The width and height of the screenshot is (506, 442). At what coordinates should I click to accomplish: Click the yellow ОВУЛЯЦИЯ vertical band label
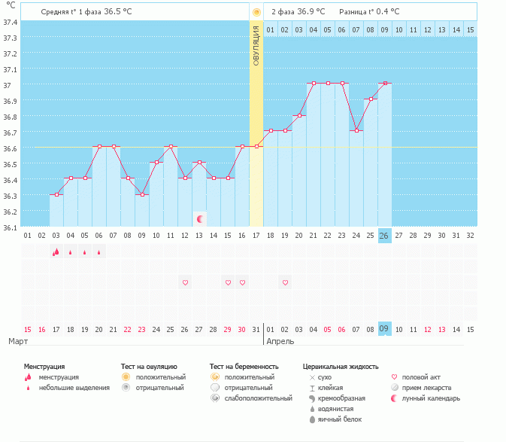click(256, 45)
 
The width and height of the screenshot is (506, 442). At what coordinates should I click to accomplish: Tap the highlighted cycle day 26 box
click(384, 236)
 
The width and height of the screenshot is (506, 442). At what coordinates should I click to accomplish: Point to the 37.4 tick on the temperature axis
click(11, 22)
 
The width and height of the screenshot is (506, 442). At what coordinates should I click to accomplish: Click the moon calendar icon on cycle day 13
click(200, 219)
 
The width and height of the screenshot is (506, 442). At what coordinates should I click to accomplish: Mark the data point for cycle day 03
click(56, 194)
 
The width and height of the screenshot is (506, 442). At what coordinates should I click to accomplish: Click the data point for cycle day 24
click(356, 130)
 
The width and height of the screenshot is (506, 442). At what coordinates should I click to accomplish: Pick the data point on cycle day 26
click(384, 83)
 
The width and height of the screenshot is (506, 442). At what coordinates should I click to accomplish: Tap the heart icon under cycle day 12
click(185, 282)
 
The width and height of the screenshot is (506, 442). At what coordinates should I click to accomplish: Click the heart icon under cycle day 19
click(285, 282)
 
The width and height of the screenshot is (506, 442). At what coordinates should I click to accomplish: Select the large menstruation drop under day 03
click(56, 252)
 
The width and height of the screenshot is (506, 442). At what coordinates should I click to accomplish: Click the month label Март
click(18, 341)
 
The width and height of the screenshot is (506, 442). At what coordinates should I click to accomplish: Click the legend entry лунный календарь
click(431, 398)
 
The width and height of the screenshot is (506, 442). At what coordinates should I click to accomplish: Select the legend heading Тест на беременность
click(244, 366)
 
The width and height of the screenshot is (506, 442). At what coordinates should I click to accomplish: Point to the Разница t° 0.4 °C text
click(369, 12)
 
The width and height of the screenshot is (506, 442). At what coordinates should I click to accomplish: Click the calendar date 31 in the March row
click(256, 329)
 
